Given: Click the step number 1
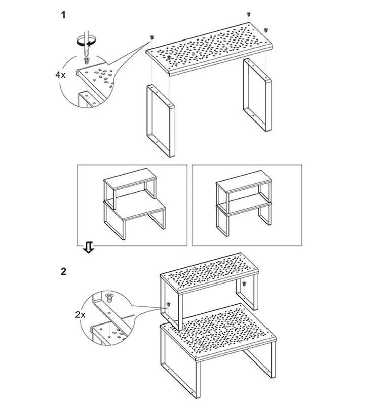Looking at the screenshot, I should click(x=63, y=15).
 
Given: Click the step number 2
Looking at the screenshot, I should click(x=63, y=271).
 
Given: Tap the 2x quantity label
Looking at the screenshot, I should click(x=80, y=314).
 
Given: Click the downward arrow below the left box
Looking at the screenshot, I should click(x=88, y=247).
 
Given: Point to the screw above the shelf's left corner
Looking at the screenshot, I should click(x=152, y=37).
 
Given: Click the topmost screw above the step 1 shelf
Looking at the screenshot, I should click(x=248, y=14).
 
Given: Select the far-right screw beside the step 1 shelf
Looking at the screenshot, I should click(x=266, y=29).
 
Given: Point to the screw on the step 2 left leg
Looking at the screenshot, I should click(x=168, y=303).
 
